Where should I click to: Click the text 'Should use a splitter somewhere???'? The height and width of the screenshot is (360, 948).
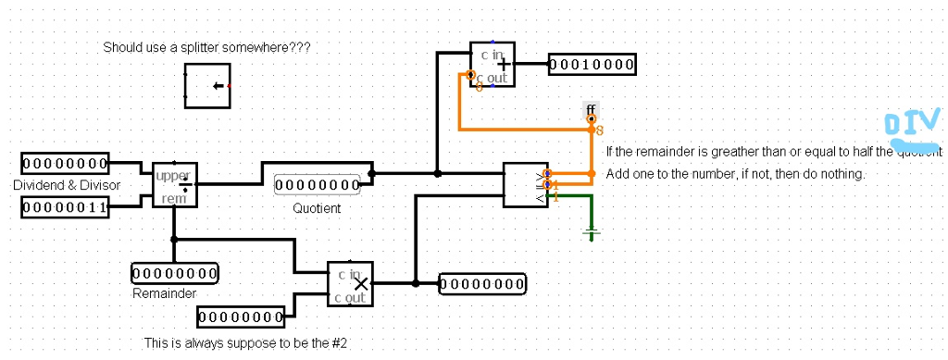coord(206,47)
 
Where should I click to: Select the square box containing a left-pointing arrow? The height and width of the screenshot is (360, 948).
coord(207,86)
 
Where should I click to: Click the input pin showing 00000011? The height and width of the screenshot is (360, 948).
coord(65,208)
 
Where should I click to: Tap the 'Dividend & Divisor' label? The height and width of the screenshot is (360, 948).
coord(67,186)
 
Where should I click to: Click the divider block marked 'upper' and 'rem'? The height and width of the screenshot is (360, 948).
coord(174,184)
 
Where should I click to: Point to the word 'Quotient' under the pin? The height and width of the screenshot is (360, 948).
coord(317,208)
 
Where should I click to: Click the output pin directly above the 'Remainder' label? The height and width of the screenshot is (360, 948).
coord(175,273)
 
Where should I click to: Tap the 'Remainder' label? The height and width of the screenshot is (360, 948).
coord(164,293)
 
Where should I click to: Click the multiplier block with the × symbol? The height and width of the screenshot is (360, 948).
coord(351,283)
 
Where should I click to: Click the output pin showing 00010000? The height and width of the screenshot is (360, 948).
coord(592,65)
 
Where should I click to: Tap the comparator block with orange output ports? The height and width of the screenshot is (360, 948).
coord(525,185)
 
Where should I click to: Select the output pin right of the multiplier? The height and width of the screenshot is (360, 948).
coord(481,284)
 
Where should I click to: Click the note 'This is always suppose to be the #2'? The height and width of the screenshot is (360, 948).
coord(245,343)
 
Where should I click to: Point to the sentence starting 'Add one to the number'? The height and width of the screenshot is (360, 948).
coord(734,174)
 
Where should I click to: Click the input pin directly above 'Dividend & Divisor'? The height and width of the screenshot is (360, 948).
coord(65,164)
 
